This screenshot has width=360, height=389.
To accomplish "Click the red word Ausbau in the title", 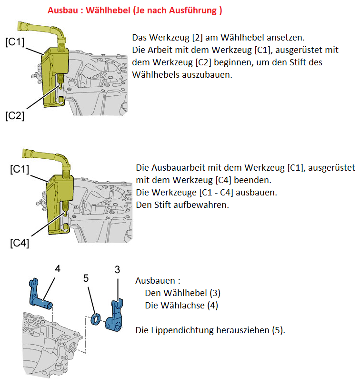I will (x=63, y=10).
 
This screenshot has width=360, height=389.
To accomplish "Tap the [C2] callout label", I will (x=15, y=116).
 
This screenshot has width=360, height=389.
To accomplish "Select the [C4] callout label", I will (x=20, y=243).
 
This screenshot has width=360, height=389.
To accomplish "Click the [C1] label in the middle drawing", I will (x=20, y=169).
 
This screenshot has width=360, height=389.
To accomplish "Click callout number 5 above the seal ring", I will (x=86, y=278).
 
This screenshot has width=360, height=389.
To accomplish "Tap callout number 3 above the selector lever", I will (x=117, y=269).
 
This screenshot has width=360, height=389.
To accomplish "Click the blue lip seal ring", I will (x=97, y=319).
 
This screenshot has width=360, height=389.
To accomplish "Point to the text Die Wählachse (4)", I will (x=181, y=305).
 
